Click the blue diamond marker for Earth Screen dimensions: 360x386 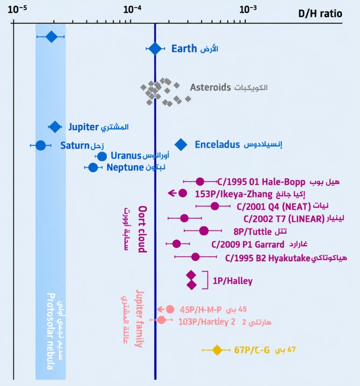click(x=155, y=49)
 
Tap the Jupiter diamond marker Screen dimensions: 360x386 click(x=55, y=127)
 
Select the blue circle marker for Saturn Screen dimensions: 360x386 click(x=41, y=145)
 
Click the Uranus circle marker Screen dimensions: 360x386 click(x=102, y=157)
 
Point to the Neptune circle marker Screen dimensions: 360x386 click(x=93, y=167)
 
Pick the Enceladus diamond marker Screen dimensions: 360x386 click(x=181, y=144)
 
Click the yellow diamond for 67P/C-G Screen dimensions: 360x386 click(x=217, y=350)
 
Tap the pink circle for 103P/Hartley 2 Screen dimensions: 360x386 click(x=161, y=320)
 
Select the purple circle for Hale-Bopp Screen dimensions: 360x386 click(x=200, y=182)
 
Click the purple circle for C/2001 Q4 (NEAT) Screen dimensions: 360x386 click(x=215, y=206)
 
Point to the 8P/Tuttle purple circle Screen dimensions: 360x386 click(x=204, y=231)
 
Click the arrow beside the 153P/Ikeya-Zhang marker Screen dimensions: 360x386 click(x=172, y=193)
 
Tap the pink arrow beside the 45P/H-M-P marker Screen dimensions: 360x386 click(x=161, y=309)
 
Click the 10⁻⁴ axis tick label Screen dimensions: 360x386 click(x=132, y=10)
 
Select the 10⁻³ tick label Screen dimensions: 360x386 click(x=248, y=10)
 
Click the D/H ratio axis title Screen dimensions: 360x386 click(x=320, y=14)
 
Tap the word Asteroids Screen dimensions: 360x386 click(x=210, y=87)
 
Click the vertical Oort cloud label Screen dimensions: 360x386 click(x=143, y=229)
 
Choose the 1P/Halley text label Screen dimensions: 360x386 click(x=233, y=281)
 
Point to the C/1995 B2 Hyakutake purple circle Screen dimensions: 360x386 click(x=195, y=257)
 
